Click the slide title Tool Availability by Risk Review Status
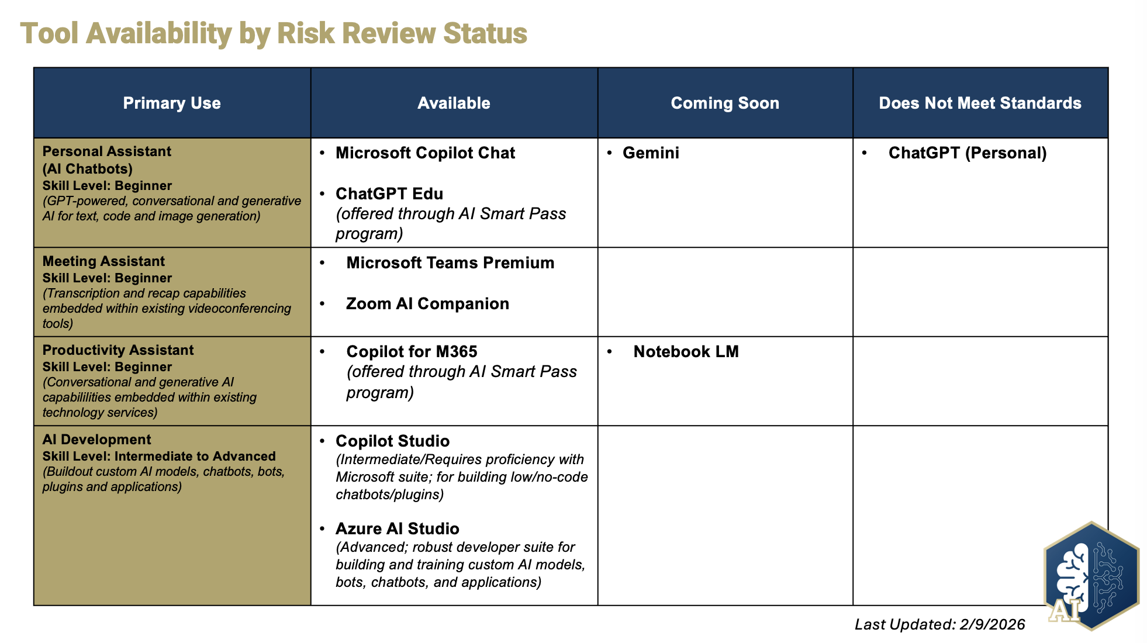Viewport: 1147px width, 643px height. coord(274,33)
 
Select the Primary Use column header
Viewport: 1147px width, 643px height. coord(172,103)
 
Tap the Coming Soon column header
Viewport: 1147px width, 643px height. coord(725,103)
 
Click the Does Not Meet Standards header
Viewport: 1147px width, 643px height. coord(980,103)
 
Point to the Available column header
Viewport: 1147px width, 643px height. coord(454,103)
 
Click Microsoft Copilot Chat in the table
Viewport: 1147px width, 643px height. coord(425,153)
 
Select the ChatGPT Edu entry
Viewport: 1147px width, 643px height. coord(389,194)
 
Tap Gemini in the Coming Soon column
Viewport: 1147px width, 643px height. coord(651,153)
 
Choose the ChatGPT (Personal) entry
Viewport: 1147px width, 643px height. coord(968,153)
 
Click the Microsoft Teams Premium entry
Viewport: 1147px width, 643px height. coord(450,263)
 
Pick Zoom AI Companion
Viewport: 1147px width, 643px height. coord(427,304)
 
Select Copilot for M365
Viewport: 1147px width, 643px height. coord(412,352)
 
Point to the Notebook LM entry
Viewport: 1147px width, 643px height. coord(686,352)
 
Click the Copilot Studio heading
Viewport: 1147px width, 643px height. coord(392,441)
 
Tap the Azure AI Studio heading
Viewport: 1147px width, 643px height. coord(397,529)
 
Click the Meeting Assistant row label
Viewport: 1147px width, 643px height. coord(103,261)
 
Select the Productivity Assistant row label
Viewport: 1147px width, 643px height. coord(118,350)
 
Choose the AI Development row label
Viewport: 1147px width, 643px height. coord(96,440)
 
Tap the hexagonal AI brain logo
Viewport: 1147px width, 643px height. coord(1091,576)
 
